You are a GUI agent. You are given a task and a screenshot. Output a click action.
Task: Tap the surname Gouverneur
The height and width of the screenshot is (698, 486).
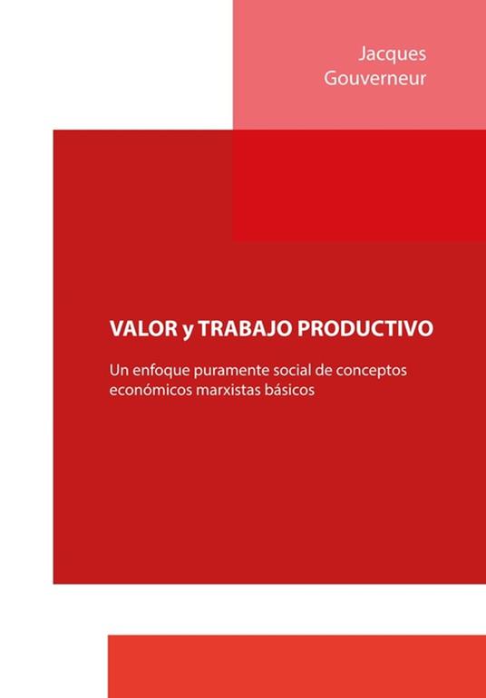click(374, 79)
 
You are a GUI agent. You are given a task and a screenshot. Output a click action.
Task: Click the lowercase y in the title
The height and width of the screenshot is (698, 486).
click(185, 330)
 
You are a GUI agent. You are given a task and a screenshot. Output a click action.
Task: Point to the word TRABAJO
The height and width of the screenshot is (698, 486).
click(242, 328)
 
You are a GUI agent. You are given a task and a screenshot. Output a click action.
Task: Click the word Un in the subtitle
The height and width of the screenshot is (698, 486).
click(119, 371)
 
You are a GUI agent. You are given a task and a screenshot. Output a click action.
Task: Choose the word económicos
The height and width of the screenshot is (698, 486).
click(150, 394)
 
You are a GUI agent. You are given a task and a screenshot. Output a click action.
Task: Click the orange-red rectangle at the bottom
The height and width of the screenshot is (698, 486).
click(296, 665)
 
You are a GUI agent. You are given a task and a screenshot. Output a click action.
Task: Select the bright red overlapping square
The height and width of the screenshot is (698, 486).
click(358, 186)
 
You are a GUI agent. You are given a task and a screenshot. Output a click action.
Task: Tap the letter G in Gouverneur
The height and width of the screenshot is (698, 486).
click(331, 79)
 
